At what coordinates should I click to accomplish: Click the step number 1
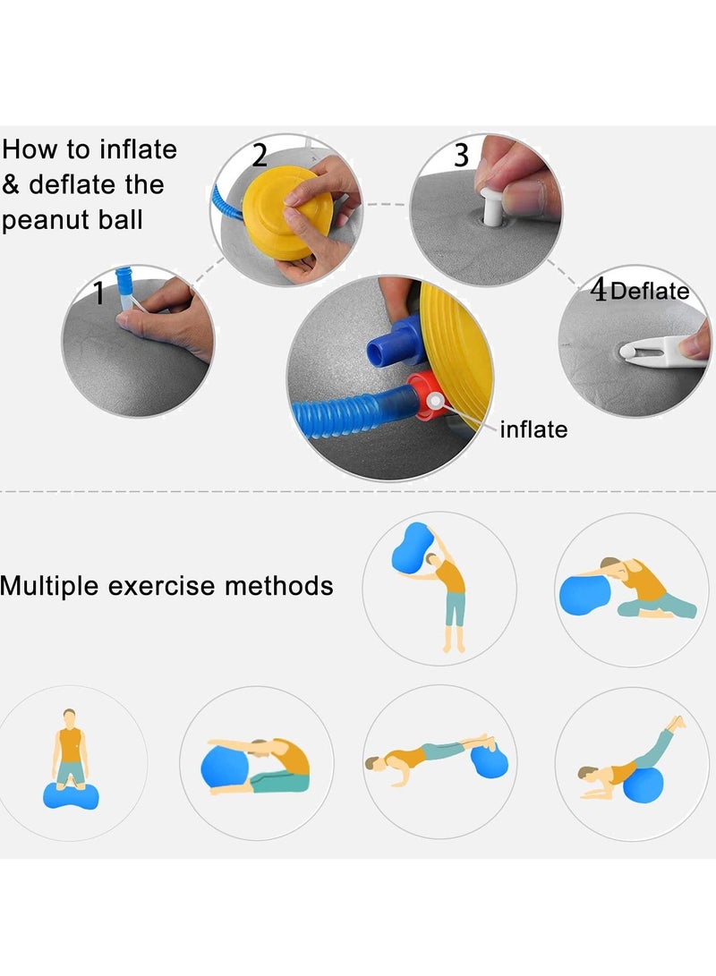coord(100,293)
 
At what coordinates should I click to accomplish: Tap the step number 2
coord(259,157)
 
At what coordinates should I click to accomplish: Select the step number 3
coord(461,156)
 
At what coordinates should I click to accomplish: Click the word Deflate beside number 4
coord(650,291)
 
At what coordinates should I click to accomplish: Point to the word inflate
coord(533,429)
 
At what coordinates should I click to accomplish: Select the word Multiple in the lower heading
coord(50,586)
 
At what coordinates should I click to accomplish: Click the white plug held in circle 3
coord(490,200)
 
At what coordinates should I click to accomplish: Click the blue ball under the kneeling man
coord(69,794)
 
